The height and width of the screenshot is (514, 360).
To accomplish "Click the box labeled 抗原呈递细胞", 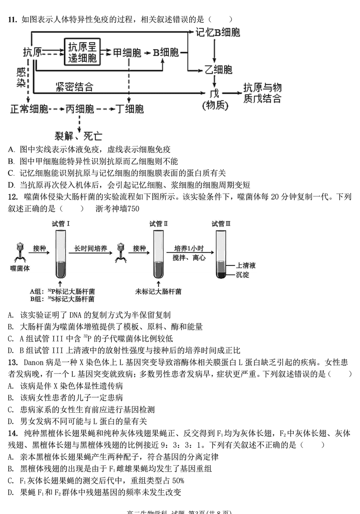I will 82,52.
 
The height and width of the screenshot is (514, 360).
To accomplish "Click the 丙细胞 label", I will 80,108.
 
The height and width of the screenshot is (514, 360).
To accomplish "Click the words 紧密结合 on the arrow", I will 75,86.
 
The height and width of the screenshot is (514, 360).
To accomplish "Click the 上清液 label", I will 246,265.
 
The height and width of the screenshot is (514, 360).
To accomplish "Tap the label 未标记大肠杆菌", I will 158,291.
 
